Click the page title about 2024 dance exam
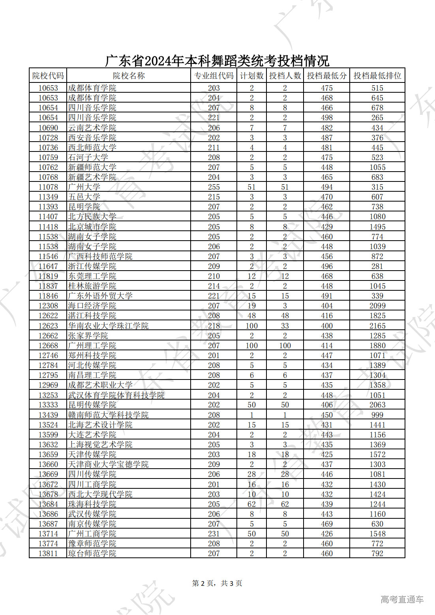coord(217,61)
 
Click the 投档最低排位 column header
coord(377,76)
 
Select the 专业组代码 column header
coord(214,76)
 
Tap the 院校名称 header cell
coord(129,76)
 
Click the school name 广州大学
coord(84,187)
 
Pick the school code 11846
coord(48,296)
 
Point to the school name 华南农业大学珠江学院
coord(108,326)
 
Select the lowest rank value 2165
coord(377,326)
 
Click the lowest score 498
coord(326,118)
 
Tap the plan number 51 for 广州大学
coord(251,187)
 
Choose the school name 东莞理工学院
coord(92,276)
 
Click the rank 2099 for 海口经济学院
coord(377,306)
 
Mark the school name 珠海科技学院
coord(92,504)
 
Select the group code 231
coord(214,534)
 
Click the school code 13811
coord(48,553)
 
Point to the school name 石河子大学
coord(88,157)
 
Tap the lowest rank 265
coord(377,118)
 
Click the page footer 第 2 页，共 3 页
coord(217,583)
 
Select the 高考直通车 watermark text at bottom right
coord(402,600)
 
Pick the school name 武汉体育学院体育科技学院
coord(116,395)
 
